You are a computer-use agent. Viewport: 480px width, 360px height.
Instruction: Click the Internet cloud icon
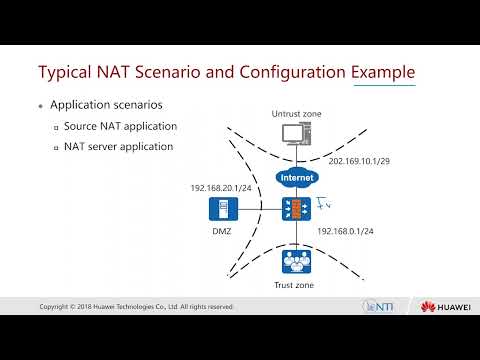pos(296,179)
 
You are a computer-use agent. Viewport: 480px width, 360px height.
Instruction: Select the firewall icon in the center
pos(296,210)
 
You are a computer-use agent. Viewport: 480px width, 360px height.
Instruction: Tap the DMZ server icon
pos(220,210)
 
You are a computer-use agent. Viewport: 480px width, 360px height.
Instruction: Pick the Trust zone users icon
pos(296,261)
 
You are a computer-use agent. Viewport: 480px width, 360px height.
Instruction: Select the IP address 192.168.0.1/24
pos(346,230)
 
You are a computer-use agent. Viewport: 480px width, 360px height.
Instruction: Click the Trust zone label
pos(296,285)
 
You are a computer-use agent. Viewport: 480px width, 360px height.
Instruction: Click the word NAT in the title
pos(138,73)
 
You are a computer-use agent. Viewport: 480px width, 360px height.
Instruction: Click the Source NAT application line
pos(120,127)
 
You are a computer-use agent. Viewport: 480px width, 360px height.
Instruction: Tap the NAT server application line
pos(119,147)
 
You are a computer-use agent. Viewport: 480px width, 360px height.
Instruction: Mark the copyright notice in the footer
pos(135,306)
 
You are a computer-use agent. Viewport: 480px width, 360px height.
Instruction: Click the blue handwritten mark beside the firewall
pos(323,206)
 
